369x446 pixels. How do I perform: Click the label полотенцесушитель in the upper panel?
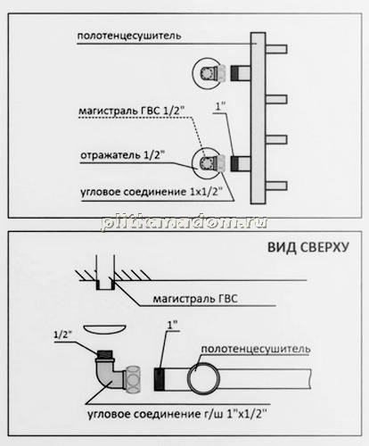129,36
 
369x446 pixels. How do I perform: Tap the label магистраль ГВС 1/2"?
132,111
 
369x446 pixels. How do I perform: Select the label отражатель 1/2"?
123,155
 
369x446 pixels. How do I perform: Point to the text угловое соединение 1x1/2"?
152,192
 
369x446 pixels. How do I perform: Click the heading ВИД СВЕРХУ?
308,247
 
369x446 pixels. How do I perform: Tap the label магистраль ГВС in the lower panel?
195,299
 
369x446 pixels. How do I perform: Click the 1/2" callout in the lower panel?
62,334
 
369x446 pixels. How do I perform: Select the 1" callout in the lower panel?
172,325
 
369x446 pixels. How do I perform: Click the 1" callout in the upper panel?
220,106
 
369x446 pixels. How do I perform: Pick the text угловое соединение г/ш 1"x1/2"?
177,414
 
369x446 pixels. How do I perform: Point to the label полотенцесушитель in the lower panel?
256,349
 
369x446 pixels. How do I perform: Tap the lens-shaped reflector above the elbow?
105,330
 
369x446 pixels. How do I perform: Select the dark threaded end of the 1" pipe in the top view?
160,378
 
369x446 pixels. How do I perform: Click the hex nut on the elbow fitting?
133,379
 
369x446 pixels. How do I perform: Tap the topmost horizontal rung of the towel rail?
276,49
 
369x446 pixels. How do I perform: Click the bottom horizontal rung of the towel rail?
276,186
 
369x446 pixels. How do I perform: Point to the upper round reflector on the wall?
208,73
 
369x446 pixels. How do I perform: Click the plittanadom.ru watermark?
184,222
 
